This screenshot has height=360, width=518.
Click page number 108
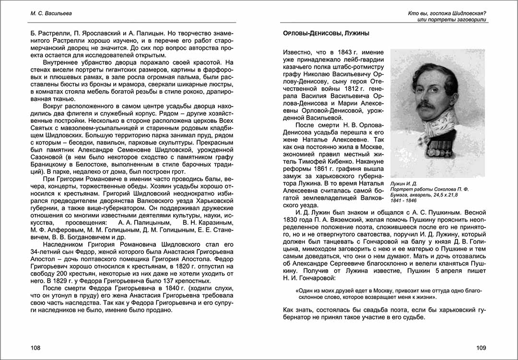pyautogui.click(x=35, y=348)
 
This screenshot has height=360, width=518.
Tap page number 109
pyautogui.click(x=481, y=348)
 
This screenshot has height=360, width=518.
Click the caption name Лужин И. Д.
pyautogui.click(x=404, y=183)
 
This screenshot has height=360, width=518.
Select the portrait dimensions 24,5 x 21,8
pyautogui.click(x=450, y=196)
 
